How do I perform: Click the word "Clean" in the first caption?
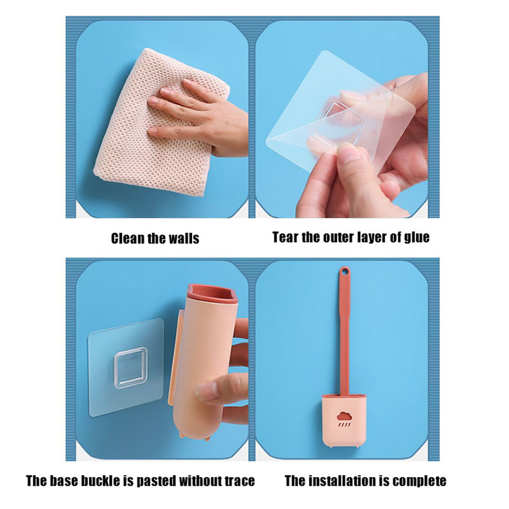pyautogui.click(x=128, y=238)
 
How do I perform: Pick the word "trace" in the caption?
pyautogui.click(x=239, y=481)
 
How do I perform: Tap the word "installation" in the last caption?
pyautogui.click(x=344, y=481)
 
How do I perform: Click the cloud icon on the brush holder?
pyautogui.click(x=344, y=416)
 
